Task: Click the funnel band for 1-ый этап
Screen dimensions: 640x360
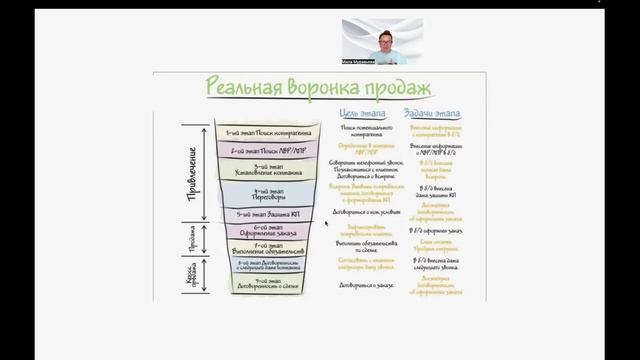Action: click(265, 132)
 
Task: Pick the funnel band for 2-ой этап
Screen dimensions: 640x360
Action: click(265, 150)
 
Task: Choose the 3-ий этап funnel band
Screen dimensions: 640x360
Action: click(266, 169)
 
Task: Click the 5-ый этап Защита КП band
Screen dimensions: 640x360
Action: click(266, 213)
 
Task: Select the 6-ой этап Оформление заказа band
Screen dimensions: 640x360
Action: click(266, 231)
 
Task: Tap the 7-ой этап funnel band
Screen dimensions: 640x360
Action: click(266, 247)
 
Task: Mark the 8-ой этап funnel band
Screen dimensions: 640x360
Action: click(266, 264)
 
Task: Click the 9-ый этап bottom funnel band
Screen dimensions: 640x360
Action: click(266, 283)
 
